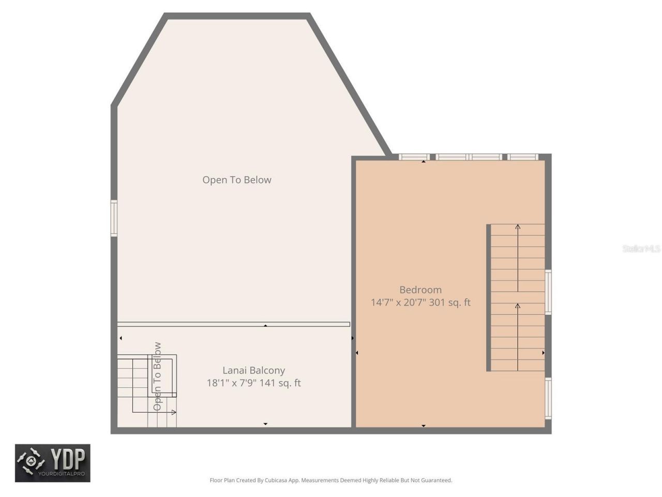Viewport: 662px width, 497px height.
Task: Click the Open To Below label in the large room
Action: tap(236, 180)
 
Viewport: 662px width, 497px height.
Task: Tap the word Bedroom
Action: tap(420, 290)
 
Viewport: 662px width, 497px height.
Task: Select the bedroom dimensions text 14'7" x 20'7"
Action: tap(398, 302)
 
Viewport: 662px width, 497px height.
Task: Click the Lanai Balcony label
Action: tap(253, 370)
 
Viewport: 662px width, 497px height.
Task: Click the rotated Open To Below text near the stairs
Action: tap(157, 376)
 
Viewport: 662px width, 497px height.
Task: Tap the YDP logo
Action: tap(52, 463)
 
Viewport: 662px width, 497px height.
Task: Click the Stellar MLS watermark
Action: tap(641, 249)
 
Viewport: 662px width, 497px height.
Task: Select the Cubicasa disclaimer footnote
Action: tap(330, 480)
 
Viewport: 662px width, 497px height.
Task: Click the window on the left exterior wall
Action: tap(114, 218)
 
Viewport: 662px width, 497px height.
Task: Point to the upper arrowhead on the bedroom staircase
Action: tap(518, 227)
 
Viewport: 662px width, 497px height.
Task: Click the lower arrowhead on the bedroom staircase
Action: tap(518, 306)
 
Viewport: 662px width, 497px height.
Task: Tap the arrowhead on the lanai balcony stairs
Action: tap(174, 412)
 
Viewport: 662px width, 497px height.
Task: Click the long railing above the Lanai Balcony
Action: tap(233, 325)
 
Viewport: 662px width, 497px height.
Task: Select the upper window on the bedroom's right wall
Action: tap(548, 292)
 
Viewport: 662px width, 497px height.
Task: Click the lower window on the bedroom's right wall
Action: tap(548, 398)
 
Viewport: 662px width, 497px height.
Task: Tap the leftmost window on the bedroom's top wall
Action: tap(414, 157)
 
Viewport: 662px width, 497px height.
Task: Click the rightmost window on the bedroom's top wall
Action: tap(522, 157)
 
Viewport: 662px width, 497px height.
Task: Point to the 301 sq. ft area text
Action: tap(450, 302)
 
